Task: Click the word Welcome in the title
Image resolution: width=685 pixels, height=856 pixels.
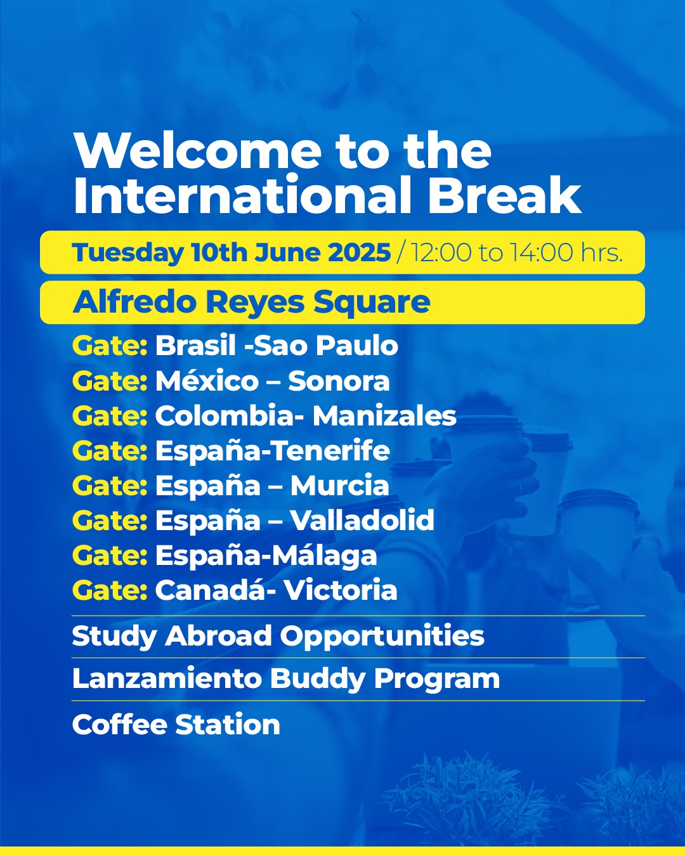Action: pos(197,152)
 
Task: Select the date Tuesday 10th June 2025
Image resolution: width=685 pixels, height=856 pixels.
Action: pos(232,252)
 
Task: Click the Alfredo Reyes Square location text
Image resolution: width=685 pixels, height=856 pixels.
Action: pos(251,302)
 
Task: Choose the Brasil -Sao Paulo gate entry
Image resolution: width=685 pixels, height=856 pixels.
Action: pos(277,346)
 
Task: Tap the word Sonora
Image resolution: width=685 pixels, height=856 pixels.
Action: pos(339,380)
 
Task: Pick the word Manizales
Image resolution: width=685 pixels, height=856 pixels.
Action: pos(384,416)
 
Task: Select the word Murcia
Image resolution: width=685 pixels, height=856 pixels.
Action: pos(339,485)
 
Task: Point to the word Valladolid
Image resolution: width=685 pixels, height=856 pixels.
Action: pos(362,520)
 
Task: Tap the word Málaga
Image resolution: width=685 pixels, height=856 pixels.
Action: pos(324,556)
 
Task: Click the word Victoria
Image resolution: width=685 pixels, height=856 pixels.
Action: pos(341,590)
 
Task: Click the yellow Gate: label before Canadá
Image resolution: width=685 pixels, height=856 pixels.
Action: pos(110,590)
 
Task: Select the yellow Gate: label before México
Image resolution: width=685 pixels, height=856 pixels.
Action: pos(110,380)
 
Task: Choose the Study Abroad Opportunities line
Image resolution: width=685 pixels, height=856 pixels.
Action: pos(278,637)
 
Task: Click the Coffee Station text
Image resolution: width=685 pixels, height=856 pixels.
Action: pos(176,724)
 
